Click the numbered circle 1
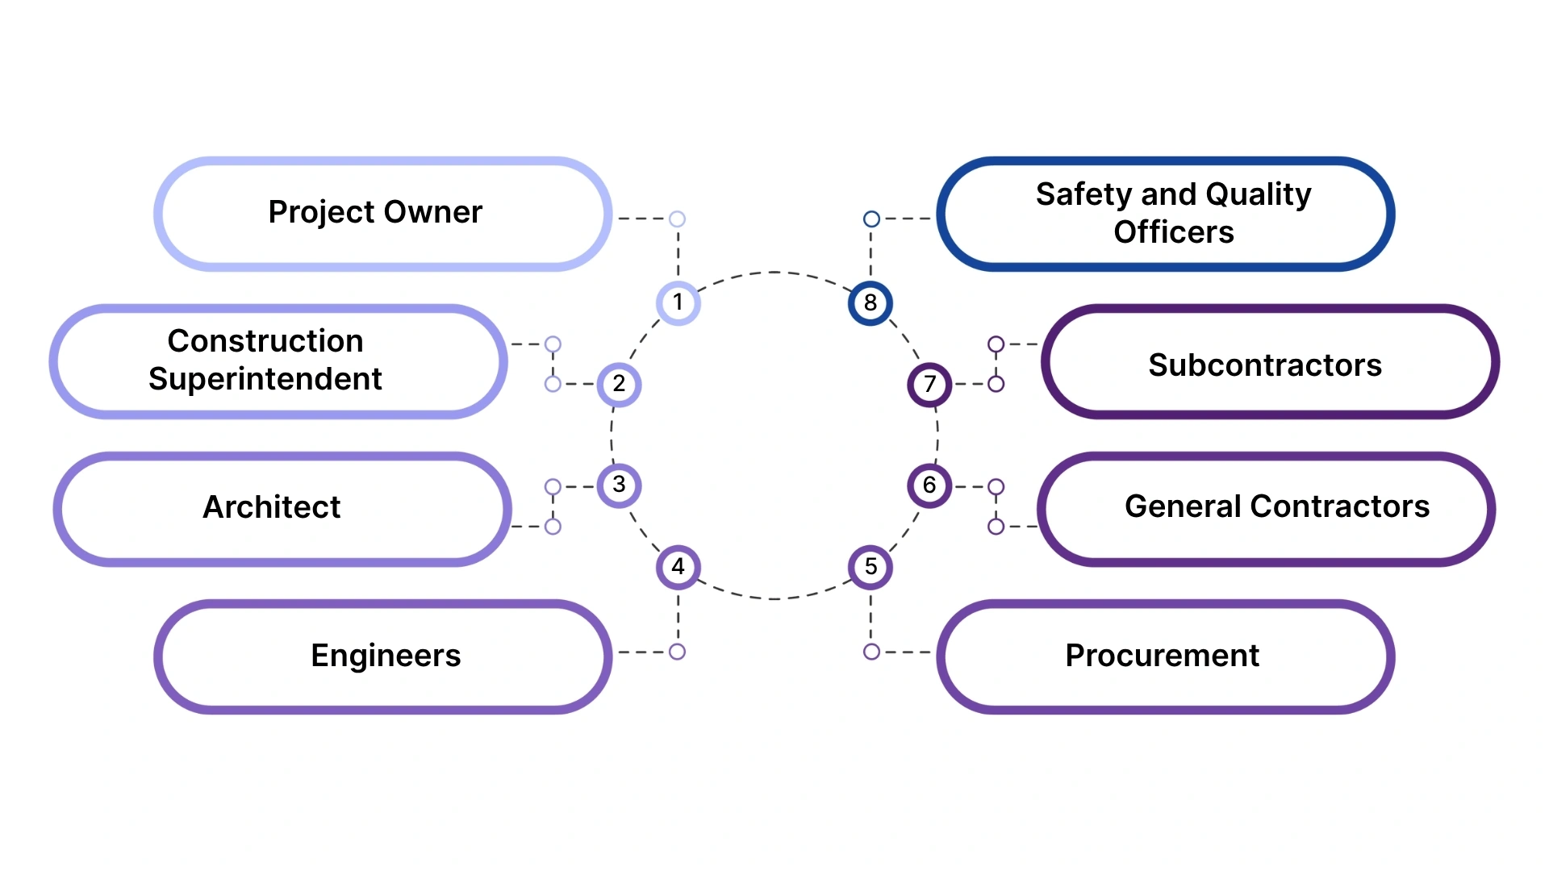pyautogui.click(x=678, y=303)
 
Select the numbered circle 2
pyautogui.click(x=619, y=385)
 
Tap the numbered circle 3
pyautogui.click(x=619, y=486)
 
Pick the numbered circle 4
pyautogui.click(x=678, y=567)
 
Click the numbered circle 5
pyautogui.click(x=871, y=567)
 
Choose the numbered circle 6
pyautogui.click(x=929, y=486)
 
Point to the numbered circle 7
pyautogui.click(x=929, y=385)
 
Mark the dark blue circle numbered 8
pyautogui.click(x=871, y=303)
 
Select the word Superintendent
pyautogui.click(x=265, y=379)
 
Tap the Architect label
pyautogui.click(x=272, y=507)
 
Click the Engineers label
pyautogui.click(x=386, y=656)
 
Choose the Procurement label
pyautogui.click(x=1162, y=656)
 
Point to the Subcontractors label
pyautogui.click(x=1264, y=365)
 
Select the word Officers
pyautogui.click(x=1173, y=232)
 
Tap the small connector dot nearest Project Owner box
pyautogui.click(x=678, y=219)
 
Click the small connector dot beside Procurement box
pyautogui.click(x=871, y=652)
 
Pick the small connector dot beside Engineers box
pyautogui.click(x=678, y=652)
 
